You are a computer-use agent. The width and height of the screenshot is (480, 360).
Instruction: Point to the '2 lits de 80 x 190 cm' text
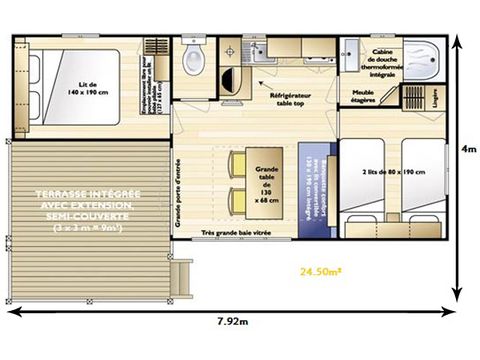tap(392, 173)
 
